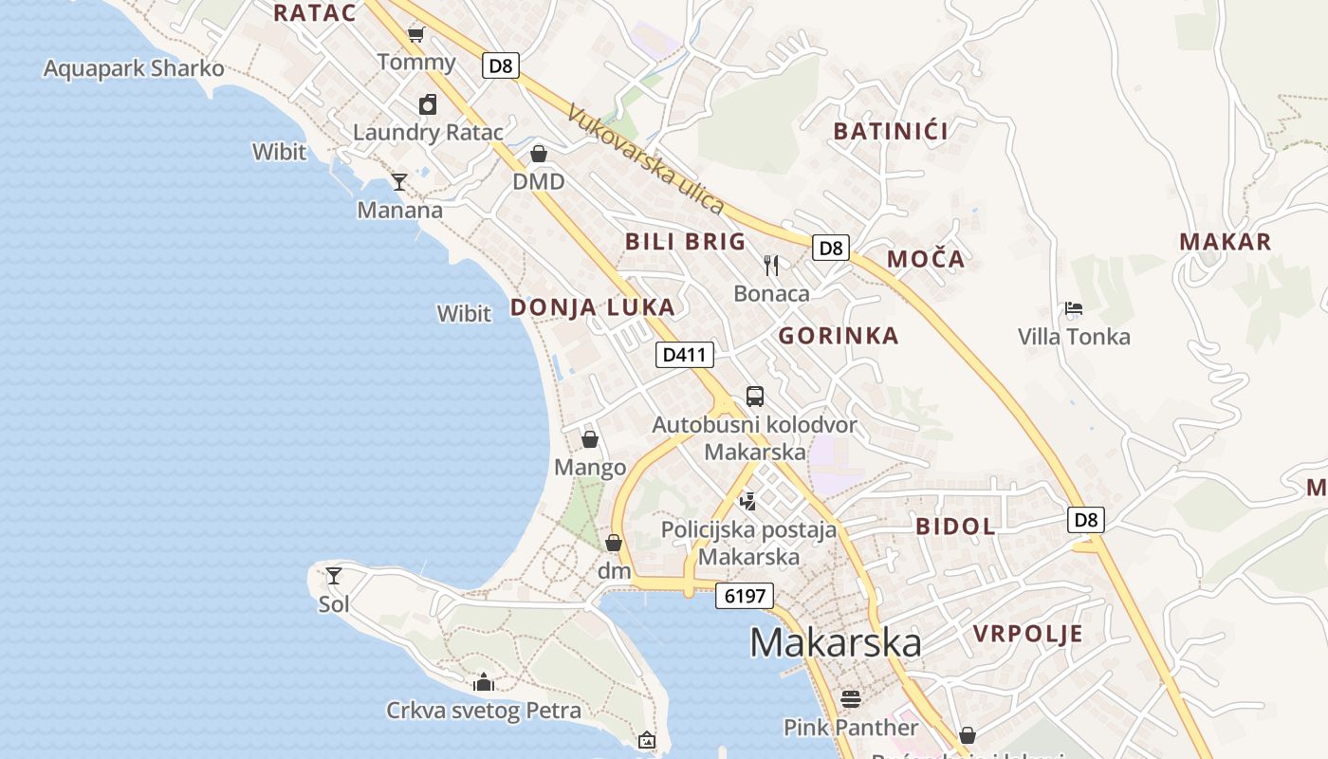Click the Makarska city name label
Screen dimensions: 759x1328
(x=835, y=642)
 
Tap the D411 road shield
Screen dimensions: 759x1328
(x=684, y=355)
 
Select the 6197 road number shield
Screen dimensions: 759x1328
(x=745, y=596)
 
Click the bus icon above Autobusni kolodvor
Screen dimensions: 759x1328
(x=755, y=396)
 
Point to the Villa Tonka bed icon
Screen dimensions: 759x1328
(x=1074, y=307)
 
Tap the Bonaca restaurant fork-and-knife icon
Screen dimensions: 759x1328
(x=771, y=265)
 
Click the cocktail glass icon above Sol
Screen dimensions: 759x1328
(x=334, y=575)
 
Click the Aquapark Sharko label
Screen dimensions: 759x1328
(x=134, y=68)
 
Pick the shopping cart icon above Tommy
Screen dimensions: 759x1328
(x=415, y=35)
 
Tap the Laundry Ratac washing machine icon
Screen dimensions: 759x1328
(x=428, y=104)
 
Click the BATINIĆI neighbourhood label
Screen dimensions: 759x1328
(x=891, y=131)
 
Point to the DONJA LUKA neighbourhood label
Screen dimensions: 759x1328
(x=593, y=306)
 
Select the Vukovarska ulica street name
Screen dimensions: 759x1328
(x=645, y=159)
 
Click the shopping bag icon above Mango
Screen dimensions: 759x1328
(x=590, y=438)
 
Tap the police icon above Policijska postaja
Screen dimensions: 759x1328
(x=748, y=500)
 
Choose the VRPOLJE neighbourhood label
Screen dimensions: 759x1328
(x=1028, y=634)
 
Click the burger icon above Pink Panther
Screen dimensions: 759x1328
(x=850, y=699)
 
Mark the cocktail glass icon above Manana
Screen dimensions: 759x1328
(x=399, y=181)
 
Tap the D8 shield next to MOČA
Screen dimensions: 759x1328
(x=830, y=248)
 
